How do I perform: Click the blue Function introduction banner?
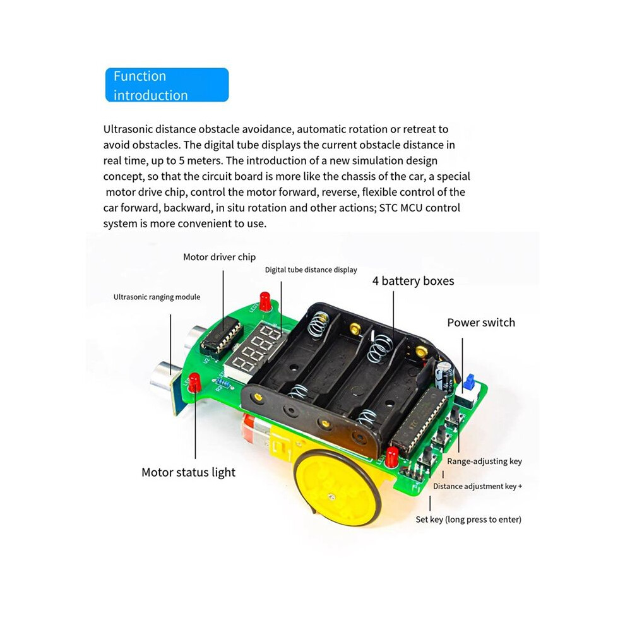(167, 85)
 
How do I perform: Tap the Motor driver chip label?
(219, 257)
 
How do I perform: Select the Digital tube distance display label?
(311, 270)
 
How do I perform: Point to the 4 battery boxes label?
(413, 281)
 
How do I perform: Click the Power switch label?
(481, 323)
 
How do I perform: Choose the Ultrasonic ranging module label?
(157, 297)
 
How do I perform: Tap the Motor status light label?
(188, 472)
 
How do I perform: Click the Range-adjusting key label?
(484, 461)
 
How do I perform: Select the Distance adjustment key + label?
(477, 486)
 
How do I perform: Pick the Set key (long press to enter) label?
(468, 520)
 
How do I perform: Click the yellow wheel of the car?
(337, 487)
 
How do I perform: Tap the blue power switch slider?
(470, 382)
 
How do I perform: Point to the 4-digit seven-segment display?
(256, 348)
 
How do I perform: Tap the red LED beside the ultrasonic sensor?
(194, 382)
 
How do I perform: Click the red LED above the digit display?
(265, 301)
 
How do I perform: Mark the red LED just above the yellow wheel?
(391, 457)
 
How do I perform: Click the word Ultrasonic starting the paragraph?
(128, 129)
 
